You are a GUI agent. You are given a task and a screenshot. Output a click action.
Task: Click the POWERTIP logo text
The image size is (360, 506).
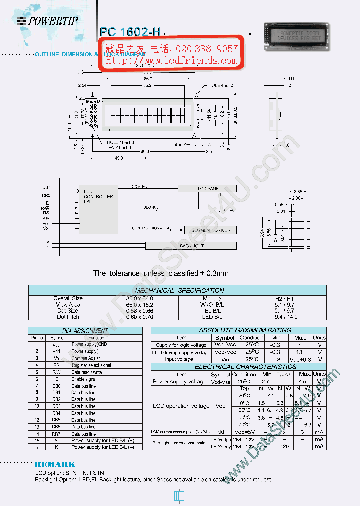coord(53,21)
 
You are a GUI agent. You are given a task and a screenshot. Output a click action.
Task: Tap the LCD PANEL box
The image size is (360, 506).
coord(208,188)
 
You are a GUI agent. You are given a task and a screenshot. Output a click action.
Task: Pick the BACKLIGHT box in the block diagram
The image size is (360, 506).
coord(191,245)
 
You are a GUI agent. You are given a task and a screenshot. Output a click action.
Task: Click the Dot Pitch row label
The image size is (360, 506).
coord(68,317)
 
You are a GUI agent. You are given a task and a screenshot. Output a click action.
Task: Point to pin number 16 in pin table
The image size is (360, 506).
coord(36,447)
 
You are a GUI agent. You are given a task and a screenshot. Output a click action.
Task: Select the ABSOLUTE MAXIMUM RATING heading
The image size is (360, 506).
coord(238,330)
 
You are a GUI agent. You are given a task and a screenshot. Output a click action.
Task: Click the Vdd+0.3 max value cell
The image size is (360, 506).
coord(300,359)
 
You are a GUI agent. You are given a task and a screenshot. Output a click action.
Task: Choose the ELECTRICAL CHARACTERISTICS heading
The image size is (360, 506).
coord(238,367)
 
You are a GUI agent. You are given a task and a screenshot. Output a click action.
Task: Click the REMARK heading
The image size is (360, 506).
coord(55,464)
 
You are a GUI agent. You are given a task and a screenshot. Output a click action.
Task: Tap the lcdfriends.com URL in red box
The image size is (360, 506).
coord(171,60)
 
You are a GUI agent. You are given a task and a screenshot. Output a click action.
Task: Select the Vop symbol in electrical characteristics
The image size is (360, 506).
coord(220,406)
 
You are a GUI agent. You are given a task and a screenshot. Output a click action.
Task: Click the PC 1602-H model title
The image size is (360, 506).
coord(130,32)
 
